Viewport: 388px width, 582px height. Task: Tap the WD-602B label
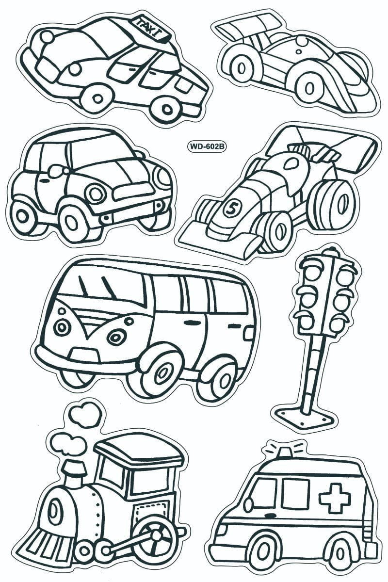[206, 146]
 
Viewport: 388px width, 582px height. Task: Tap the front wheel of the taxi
[97, 97]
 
